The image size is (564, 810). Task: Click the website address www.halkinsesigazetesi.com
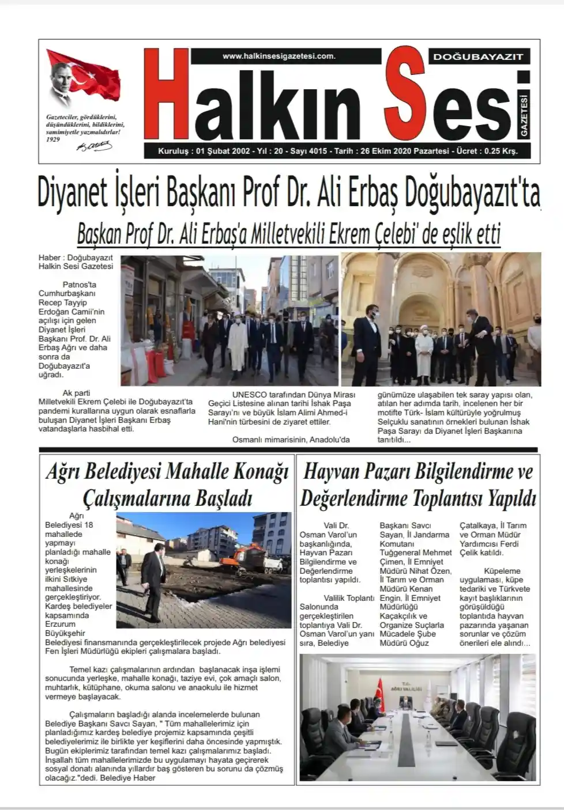point(279,56)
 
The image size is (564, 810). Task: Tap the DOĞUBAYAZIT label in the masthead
point(478,56)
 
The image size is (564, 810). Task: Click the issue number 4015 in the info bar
point(318,152)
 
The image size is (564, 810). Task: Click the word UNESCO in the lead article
point(250,395)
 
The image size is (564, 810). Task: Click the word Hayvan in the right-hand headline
point(331,472)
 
